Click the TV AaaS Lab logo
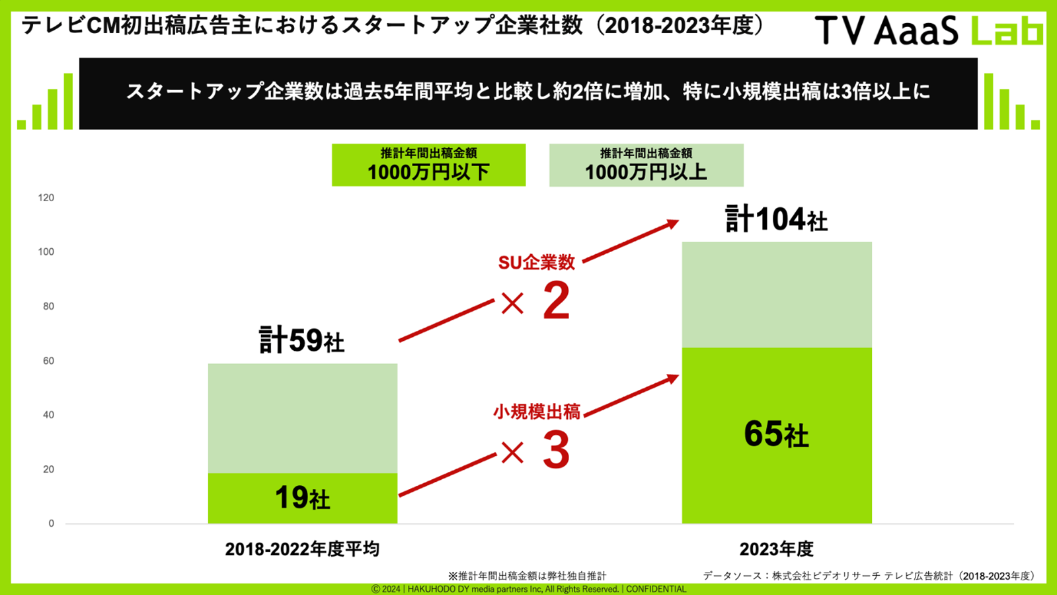(928, 30)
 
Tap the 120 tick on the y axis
(46, 198)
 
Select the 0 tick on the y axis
(51, 524)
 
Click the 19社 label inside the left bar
(302, 498)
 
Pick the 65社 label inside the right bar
(776, 435)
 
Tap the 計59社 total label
(302, 341)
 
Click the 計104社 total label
(776, 220)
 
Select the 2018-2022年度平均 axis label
(302, 549)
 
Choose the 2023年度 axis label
(776, 549)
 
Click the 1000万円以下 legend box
(428, 165)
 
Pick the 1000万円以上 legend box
(646, 165)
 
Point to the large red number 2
(556, 302)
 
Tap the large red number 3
(556, 451)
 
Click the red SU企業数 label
(536, 263)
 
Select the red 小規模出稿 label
(536, 412)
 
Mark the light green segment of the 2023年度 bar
(776, 295)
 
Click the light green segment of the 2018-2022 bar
(302, 418)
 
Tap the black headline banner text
(528, 92)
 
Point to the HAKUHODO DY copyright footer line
(528, 589)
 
